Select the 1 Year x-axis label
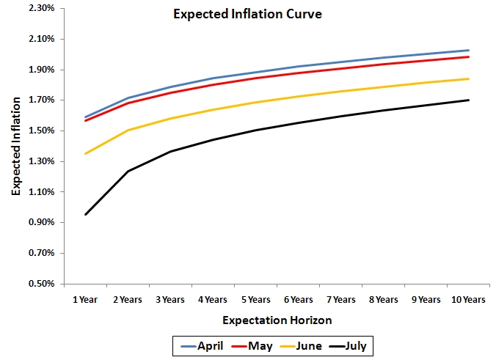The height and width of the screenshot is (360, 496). (85, 299)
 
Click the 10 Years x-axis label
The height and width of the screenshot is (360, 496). (468, 299)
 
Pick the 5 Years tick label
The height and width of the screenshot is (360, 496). (255, 299)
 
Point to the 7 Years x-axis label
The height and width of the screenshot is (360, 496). (340, 299)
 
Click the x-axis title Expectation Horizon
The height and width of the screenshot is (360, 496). (277, 320)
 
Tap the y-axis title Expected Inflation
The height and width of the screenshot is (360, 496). (16, 147)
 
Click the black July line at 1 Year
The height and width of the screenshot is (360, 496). (86, 214)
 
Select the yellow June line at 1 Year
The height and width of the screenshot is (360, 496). (86, 153)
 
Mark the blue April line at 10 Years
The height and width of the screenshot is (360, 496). (468, 50)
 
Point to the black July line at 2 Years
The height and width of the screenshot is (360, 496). (128, 172)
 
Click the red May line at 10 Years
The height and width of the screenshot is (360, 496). (468, 56)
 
